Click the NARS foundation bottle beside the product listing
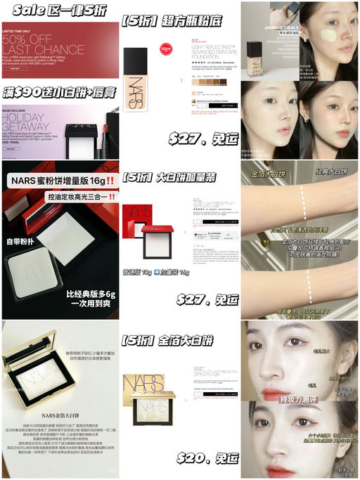coord(136,77)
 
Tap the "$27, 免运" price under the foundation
coord(204,138)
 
